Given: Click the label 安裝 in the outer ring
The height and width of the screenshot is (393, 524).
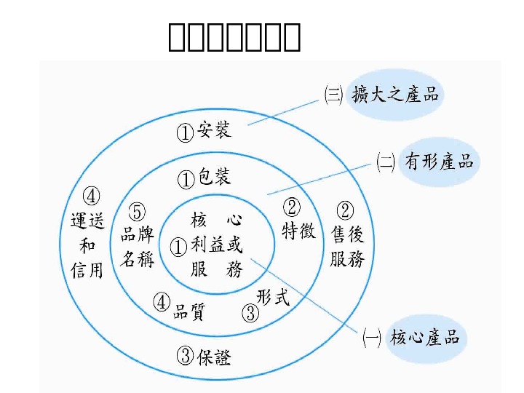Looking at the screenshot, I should coord(214,131).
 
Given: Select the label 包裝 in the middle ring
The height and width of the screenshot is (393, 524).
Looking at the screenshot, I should coord(215,177).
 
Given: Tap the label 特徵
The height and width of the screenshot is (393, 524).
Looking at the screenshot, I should coord(298,231).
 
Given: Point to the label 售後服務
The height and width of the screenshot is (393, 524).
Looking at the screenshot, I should coord(346,246).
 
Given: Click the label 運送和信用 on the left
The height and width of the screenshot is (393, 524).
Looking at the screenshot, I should coord(87,245).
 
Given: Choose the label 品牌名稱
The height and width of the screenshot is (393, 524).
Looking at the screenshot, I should coord(137,246).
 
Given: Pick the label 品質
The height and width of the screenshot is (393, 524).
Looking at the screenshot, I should coord(188,311).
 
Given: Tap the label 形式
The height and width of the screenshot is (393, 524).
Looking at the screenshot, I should coord(273,297).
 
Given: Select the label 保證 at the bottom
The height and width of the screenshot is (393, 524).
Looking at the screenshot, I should coord(214,357).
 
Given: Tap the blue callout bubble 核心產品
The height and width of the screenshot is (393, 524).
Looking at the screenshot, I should coord(425,338).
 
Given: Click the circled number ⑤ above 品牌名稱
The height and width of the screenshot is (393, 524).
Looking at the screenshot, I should coord(137,212).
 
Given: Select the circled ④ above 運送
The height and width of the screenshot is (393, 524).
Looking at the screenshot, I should coord(92,196).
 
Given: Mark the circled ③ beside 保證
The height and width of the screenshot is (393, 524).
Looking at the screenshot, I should coord(186,357).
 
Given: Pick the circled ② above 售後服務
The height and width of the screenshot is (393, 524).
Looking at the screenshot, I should coord(346,210).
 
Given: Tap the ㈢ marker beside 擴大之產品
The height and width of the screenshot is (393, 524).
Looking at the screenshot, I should coord(333,95).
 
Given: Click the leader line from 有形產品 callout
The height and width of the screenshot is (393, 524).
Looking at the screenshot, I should coord(320,178).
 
